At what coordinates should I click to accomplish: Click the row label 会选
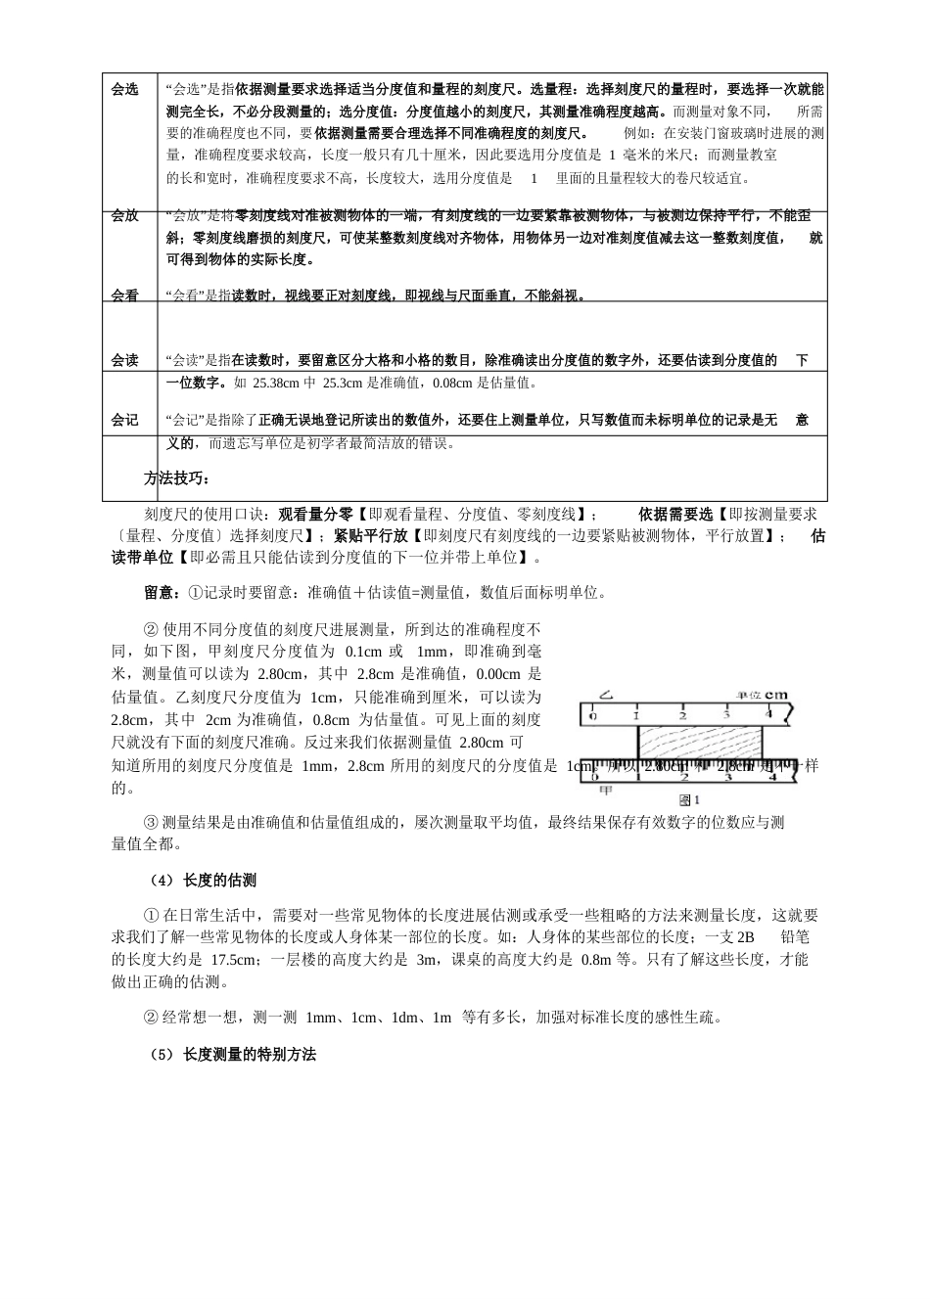click(125, 89)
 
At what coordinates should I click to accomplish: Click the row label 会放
click(125, 215)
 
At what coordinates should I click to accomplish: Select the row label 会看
click(125, 295)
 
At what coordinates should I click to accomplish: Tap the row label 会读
click(125, 360)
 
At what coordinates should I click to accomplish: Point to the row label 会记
click(125, 420)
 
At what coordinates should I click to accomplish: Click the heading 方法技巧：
click(177, 478)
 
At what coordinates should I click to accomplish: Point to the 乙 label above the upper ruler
click(606, 696)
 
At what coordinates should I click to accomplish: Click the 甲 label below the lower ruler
click(606, 789)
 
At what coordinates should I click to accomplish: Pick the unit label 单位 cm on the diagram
click(763, 695)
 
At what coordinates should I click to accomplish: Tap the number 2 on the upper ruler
click(682, 714)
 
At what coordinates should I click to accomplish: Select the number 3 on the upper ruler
click(726, 714)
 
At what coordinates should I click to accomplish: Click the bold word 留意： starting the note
click(163, 592)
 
